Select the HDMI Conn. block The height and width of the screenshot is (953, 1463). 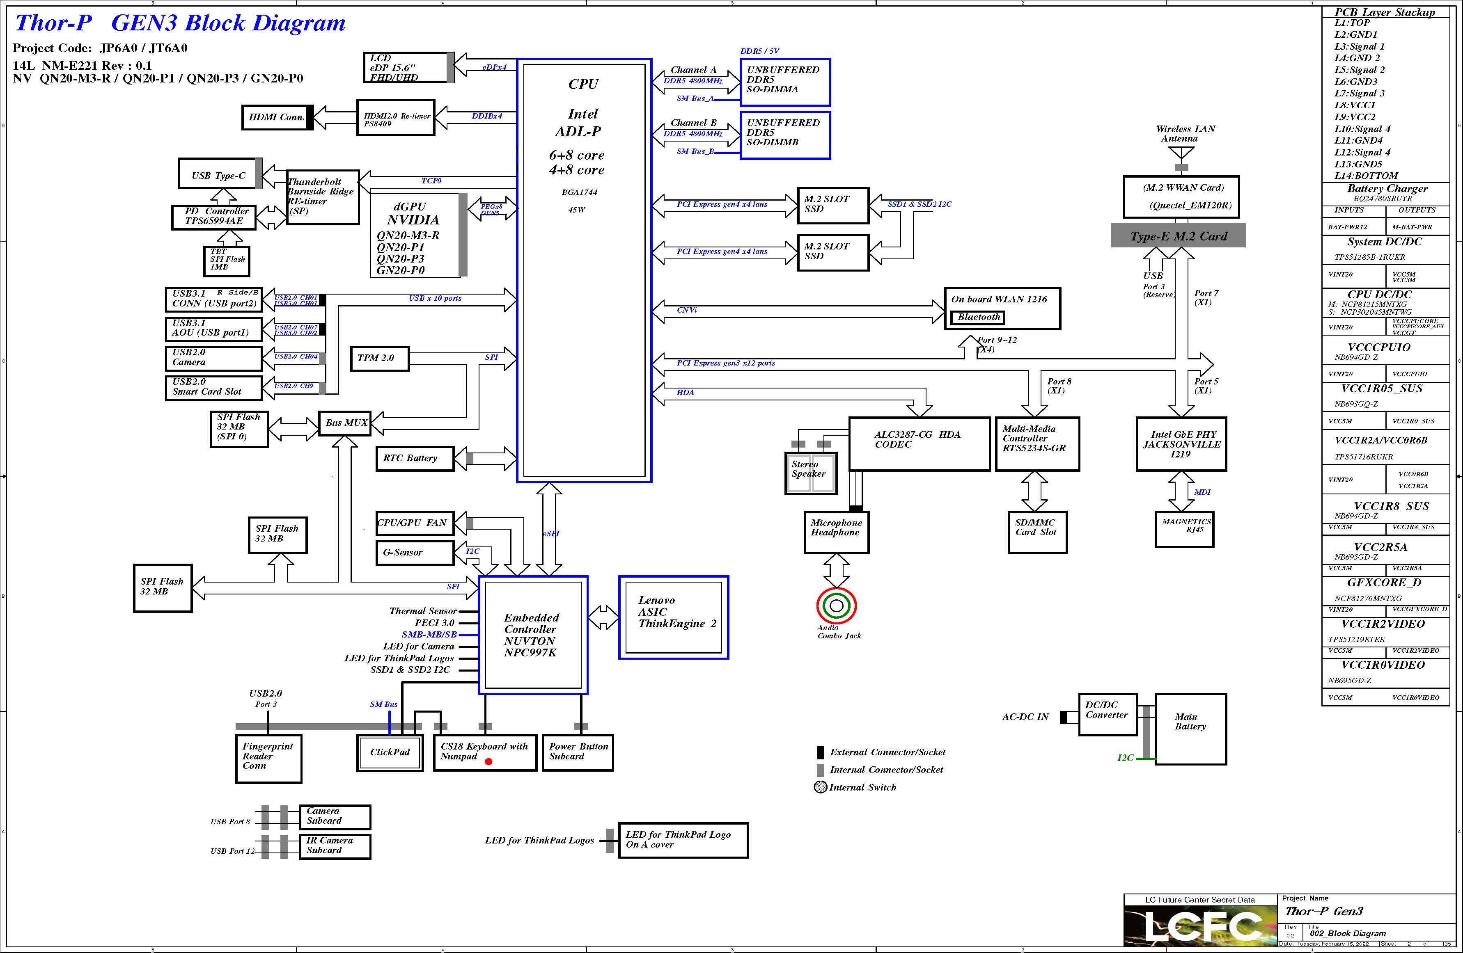277,117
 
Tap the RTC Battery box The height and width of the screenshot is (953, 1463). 414,458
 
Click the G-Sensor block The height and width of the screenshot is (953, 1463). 414,552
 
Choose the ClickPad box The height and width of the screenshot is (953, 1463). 390,752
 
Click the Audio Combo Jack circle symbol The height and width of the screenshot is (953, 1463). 836,606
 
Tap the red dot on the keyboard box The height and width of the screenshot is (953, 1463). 488,761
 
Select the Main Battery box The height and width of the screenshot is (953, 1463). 1190,729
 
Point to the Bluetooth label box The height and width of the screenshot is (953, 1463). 979,317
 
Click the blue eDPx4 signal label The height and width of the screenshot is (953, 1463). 494,67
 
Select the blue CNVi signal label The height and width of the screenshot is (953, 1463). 687,310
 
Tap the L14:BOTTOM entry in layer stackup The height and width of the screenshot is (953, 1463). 1365,176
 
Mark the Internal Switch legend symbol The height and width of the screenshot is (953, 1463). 820,787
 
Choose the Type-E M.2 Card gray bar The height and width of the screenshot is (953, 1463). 1178,236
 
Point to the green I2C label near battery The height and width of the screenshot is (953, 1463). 1125,758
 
